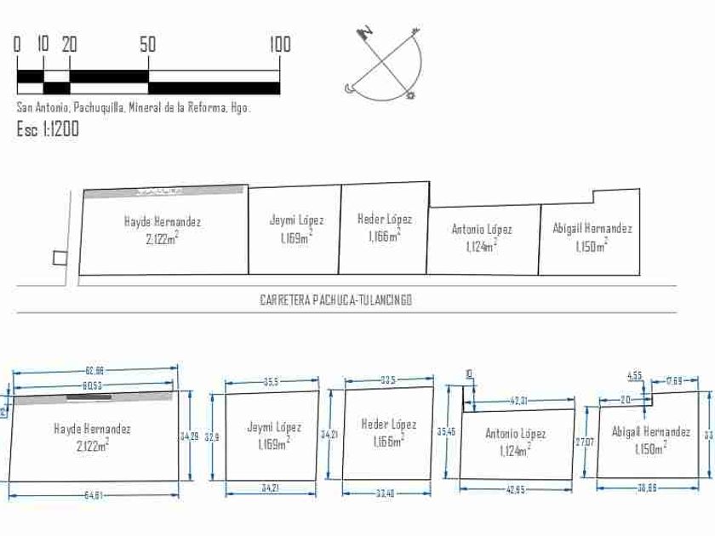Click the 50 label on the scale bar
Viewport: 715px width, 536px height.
pos(148,44)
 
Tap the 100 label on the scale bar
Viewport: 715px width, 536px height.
pos(280,44)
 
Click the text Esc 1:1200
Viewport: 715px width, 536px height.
pos(48,129)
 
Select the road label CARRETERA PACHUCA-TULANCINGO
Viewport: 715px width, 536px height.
pos(336,300)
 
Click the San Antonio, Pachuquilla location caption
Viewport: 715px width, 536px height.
pos(134,108)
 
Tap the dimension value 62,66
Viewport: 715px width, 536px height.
pos(94,371)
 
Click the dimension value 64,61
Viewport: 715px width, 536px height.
pos(94,495)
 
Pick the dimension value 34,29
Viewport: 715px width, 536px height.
pos(190,436)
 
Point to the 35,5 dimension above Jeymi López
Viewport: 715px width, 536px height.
pos(272,381)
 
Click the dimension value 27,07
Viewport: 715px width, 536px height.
pos(584,442)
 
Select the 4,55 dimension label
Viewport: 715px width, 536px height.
pos(635,375)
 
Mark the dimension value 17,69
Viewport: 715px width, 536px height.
pos(673,380)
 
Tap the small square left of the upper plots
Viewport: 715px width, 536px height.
pos(58,258)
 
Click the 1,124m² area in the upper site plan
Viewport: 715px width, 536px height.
pos(482,246)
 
